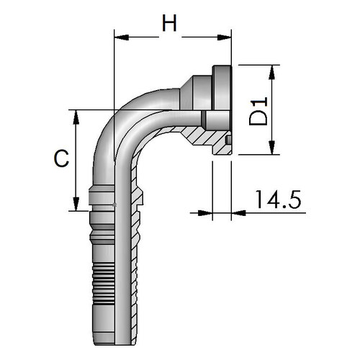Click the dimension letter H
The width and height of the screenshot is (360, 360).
[x=169, y=23]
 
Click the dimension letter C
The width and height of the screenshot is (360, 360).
[x=61, y=158]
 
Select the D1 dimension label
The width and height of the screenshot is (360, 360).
[x=258, y=111]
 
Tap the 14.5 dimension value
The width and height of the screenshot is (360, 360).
[x=278, y=199]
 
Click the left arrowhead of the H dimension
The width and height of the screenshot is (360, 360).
[x=122, y=37]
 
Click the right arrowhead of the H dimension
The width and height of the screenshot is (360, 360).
[x=224, y=37]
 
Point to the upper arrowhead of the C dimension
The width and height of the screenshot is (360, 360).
[x=76, y=117]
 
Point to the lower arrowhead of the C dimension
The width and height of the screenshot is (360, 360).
[x=76, y=204]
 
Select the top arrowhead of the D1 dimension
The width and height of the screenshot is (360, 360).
[x=271, y=72]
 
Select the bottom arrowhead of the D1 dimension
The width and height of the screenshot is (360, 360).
[x=271, y=148]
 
